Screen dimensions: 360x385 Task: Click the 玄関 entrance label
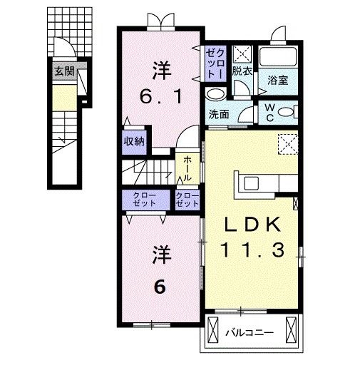(x=64, y=71)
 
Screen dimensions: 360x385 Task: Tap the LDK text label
(x=253, y=225)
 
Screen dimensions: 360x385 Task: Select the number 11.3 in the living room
(x=253, y=250)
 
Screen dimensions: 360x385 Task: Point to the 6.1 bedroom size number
(x=161, y=96)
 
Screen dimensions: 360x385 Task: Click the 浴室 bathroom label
(x=278, y=81)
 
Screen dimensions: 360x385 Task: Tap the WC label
(x=270, y=113)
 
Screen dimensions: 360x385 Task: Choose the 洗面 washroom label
(x=219, y=114)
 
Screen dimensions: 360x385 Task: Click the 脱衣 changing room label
(x=242, y=71)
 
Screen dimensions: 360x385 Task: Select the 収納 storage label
(x=134, y=141)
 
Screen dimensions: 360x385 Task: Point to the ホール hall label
(x=187, y=169)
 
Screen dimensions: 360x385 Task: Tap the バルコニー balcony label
(x=250, y=333)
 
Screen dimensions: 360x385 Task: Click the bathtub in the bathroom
(x=278, y=56)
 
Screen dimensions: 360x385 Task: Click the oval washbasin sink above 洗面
(x=216, y=94)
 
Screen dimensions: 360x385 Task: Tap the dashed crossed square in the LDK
(x=288, y=144)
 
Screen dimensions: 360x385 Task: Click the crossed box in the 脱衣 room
(x=242, y=53)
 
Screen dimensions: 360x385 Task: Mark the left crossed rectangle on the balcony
(x=212, y=330)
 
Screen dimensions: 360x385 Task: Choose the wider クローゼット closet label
(x=145, y=200)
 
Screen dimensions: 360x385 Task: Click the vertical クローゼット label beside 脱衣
(x=215, y=64)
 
